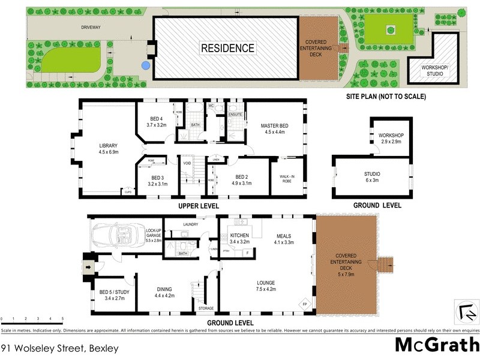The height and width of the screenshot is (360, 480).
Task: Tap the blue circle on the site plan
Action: point(145,64)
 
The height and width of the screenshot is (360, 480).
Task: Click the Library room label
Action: point(108,149)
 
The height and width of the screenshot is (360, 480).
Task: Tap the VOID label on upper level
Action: point(187,163)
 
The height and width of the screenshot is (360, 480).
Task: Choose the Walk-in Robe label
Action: point(289,178)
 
